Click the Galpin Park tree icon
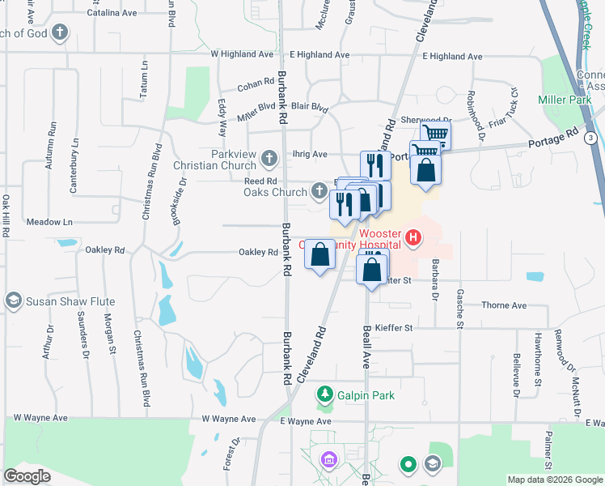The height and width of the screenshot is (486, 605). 325,394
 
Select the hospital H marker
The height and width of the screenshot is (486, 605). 413,238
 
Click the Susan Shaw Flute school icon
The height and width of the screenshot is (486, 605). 13,301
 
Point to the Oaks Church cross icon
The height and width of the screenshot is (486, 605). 319,192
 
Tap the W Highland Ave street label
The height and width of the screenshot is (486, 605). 244,54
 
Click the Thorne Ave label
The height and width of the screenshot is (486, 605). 503,305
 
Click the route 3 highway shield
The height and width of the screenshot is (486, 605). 591,139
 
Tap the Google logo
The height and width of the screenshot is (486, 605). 27,476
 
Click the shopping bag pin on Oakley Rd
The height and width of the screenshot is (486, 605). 320,256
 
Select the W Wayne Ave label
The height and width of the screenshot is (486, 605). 228,420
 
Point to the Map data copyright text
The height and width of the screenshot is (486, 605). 555,480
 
